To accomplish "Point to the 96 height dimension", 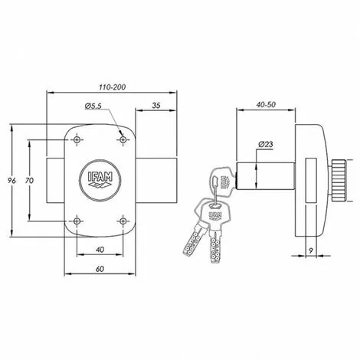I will [x=9, y=181].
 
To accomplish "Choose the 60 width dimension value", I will [x=100, y=269].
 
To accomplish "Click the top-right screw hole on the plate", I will [x=123, y=140].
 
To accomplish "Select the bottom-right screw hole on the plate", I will [x=123, y=222].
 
